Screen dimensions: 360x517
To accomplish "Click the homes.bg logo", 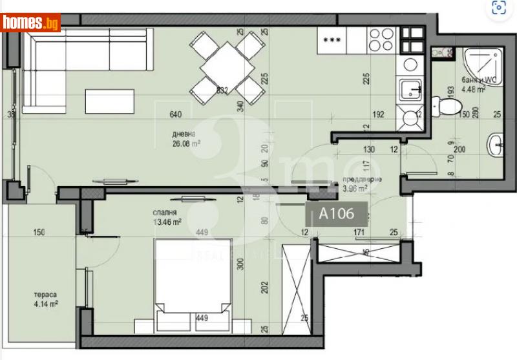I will tap(31, 23).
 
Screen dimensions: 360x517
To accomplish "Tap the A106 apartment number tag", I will tap(335, 214).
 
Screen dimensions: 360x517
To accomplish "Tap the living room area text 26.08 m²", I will tap(185, 144).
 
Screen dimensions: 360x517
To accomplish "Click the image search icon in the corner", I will tap(498, 8).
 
